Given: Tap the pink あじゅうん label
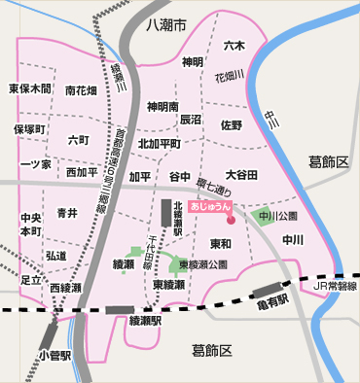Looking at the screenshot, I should coord(211,207).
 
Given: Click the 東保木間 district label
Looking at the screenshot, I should coord(30,88).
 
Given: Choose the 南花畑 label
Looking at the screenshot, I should coord(81,90).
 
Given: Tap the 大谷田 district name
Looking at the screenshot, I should coord(241,175).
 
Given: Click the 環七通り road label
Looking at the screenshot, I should coord(209,184).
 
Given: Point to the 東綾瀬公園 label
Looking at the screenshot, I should coord(203,263).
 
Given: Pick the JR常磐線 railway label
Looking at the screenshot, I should coord(334,287).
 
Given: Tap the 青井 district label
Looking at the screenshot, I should coord(67,213).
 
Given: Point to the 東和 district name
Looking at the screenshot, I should coord(221,243).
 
